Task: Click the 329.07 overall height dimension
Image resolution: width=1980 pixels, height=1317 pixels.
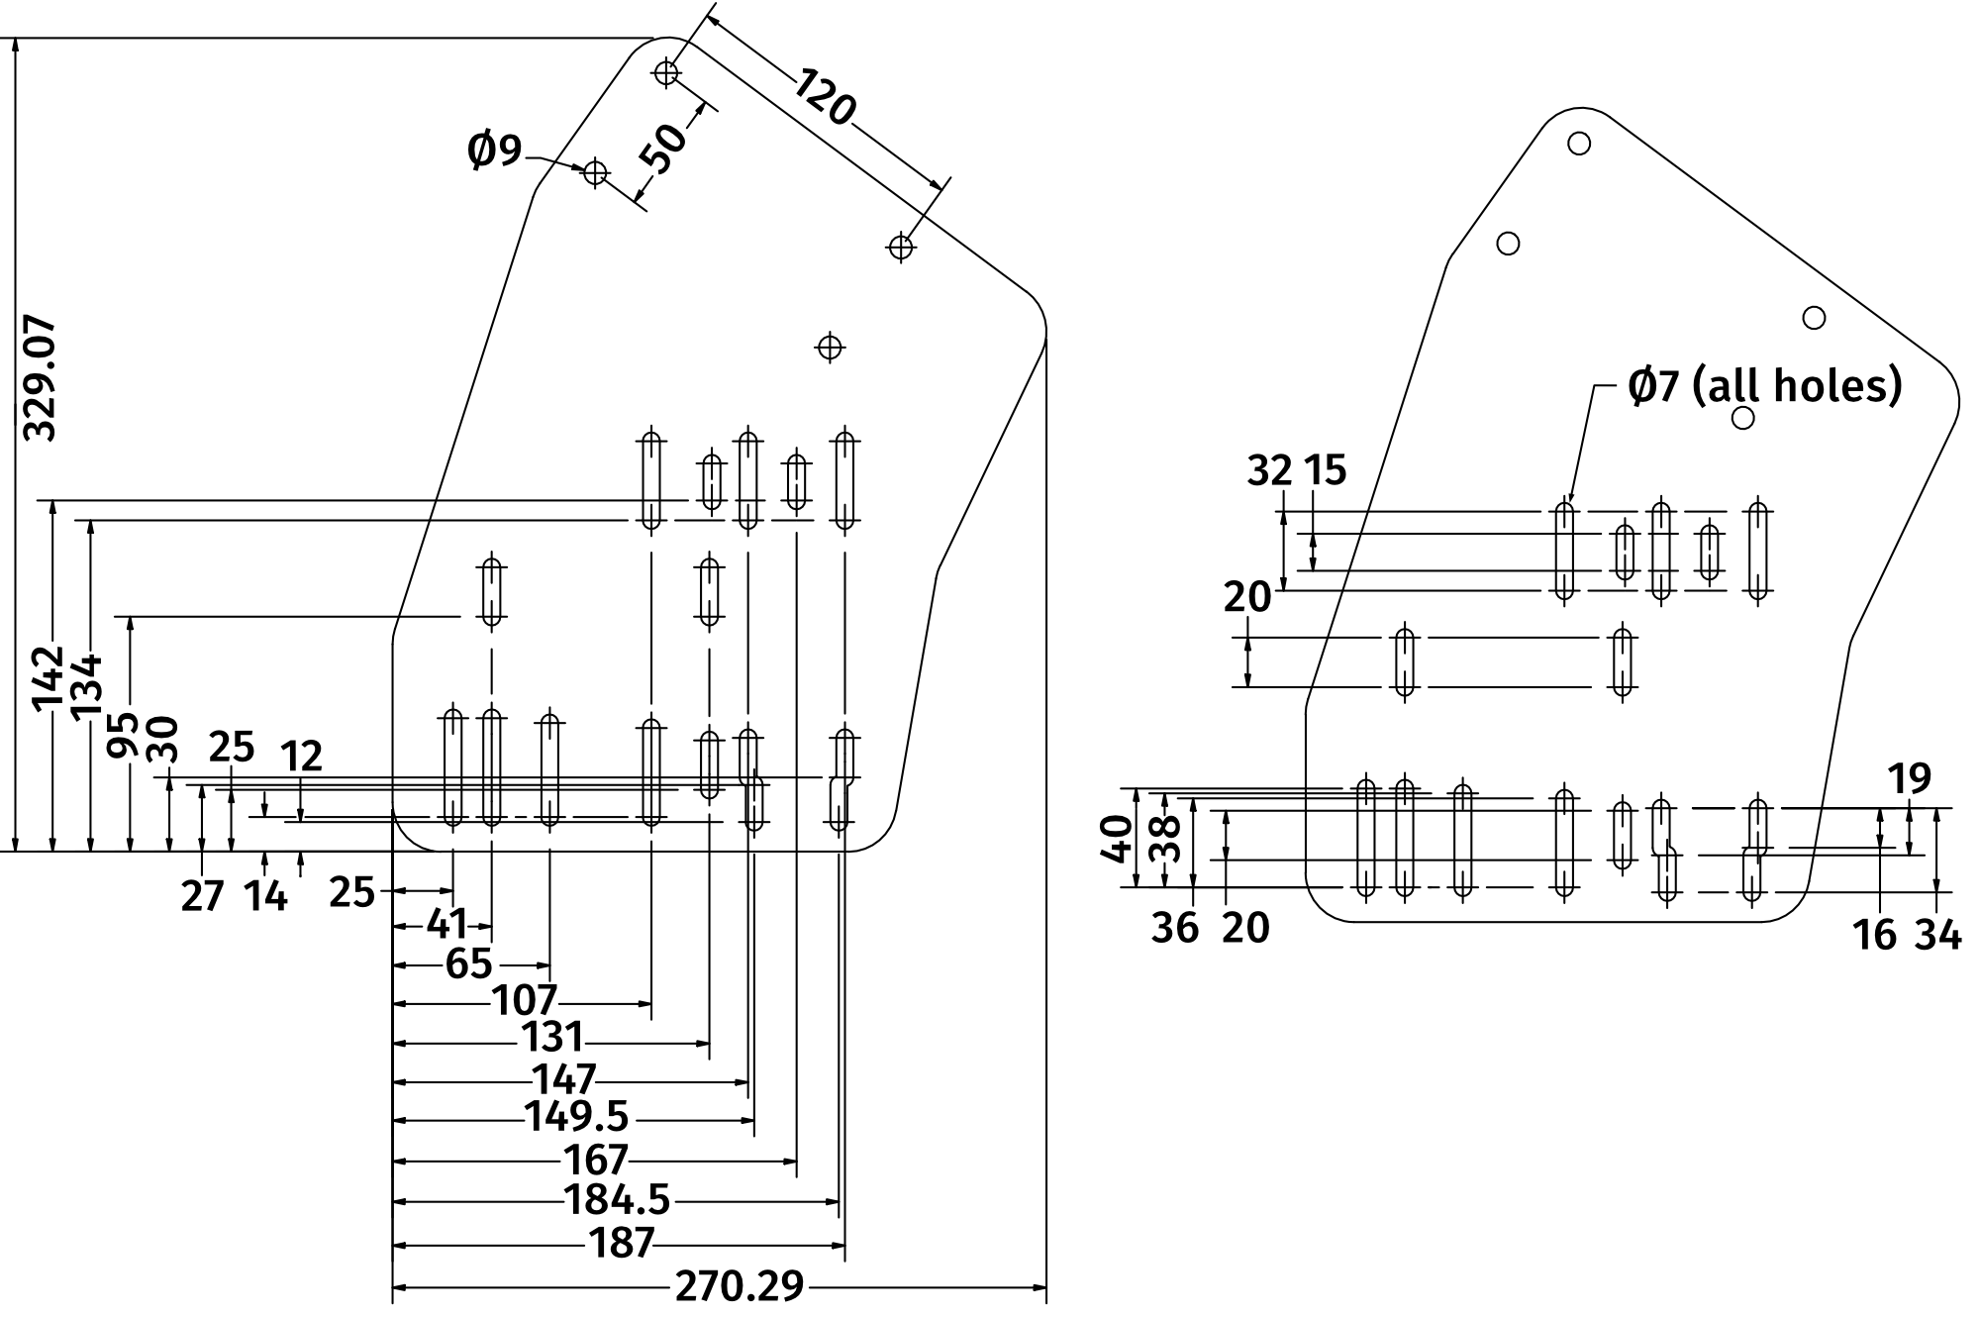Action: click(40, 378)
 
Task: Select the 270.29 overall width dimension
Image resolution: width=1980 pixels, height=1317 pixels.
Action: click(739, 1285)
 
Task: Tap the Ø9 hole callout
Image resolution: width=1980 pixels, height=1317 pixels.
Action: click(494, 151)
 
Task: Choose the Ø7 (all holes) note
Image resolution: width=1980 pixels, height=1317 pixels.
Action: click(1764, 385)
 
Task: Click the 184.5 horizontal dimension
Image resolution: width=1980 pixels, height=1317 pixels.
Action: click(617, 1200)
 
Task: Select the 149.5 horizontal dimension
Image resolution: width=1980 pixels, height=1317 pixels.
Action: click(576, 1117)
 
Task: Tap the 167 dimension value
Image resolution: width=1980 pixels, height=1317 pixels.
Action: click(596, 1159)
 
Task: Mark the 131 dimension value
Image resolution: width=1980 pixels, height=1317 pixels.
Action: click(551, 1037)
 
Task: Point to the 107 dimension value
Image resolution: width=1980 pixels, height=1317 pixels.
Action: click(525, 1000)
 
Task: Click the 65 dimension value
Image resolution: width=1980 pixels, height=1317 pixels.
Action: click(468, 963)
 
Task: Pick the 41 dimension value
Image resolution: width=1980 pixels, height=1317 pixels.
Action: click(446, 924)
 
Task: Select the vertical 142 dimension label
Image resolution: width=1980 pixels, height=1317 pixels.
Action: click(48, 678)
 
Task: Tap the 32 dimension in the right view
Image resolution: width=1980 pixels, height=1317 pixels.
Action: click(1269, 470)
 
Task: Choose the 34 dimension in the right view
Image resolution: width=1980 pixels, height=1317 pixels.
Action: click(1937, 934)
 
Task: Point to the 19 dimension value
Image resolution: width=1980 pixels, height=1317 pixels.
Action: click(1910, 779)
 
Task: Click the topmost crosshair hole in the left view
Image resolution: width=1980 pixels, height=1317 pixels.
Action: click(666, 72)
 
